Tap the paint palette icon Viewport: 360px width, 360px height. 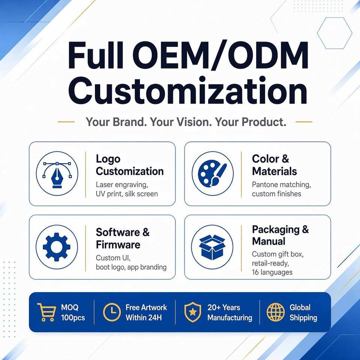(x=212, y=174)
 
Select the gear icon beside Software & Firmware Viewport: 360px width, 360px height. (x=57, y=247)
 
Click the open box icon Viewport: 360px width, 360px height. (x=212, y=247)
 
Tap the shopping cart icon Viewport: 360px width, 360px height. (x=46, y=312)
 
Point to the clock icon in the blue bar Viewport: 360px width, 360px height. (x=112, y=312)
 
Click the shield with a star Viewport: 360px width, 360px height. (x=193, y=312)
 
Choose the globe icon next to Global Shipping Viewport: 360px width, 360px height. (x=276, y=312)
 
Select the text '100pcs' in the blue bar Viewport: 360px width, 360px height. (x=73, y=318)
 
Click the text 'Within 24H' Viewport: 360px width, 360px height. (x=144, y=318)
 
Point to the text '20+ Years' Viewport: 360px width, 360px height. (x=223, y=307)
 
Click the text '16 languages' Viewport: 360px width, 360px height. (x=272, y=272)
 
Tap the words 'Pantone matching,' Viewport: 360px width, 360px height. (x=281, y=185)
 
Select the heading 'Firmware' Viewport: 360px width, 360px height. (x=118, y=244)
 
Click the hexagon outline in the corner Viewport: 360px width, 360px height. (x=334, y=33)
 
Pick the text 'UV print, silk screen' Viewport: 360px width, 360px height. (x=127, y=194)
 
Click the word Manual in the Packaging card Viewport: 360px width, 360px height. (x=268, y=241)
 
